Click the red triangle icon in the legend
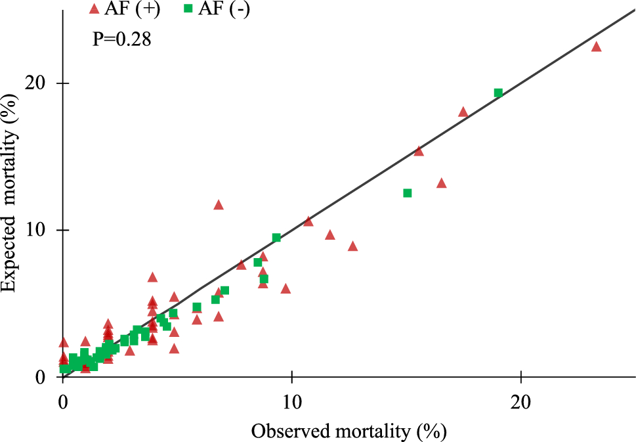tap(94, 9)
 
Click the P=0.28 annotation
tap(121, 40)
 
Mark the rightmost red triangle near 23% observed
tap(596, 47)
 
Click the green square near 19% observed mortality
tap(498, 93)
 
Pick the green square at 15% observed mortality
tap(407, 193)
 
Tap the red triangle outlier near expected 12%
tap(219, 205)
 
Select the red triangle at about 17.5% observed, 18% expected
tap(463, 112)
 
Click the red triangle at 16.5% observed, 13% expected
tap(441, 183)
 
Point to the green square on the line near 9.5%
tap(276, 238)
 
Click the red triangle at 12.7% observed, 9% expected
tap(352, 246)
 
